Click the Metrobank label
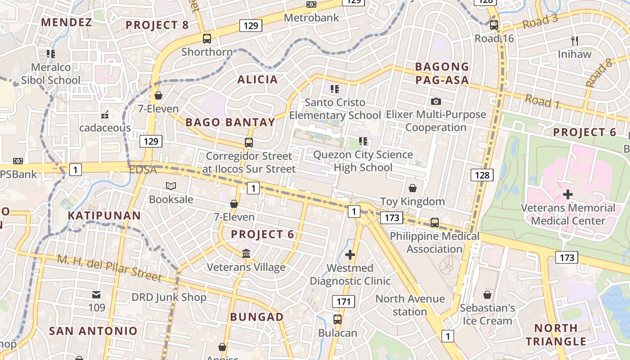click(x=311, y=18)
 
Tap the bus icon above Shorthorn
click(x=207, y=39)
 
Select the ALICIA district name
click(x=257, y=80)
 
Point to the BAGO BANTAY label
click(x=230, y=122)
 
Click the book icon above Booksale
click(x=171, y=186)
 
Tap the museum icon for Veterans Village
click(x=246, y=254)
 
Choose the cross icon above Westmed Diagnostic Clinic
click(x=350, y=255)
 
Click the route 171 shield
click(x=344, y=301)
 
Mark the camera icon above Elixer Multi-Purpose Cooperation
click(x=436, y=102)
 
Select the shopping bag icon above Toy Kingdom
click(x=413, y=188)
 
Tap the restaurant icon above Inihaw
click(x=575, y=41)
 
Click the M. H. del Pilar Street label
click(x=109, y=267)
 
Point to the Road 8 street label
click(x=600, y=73)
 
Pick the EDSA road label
click(x=143, y=170)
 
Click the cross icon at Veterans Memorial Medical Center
click(x=568, y=194)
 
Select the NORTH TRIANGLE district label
click(x=556, y=334)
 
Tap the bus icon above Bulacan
click(x=337, y=319)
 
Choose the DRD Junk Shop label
click(x=169, y=297)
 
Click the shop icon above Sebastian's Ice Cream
click(x=487, y=295)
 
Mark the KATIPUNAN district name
click(x=104, y=216)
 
